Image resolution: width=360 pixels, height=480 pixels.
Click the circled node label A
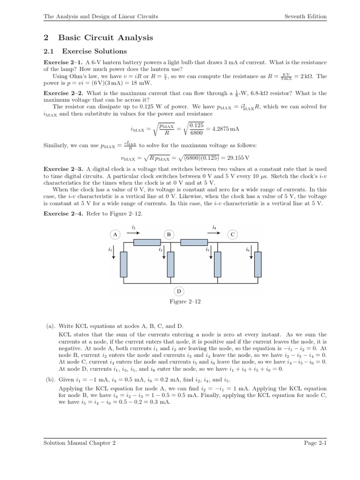115,234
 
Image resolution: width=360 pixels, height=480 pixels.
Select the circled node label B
169,234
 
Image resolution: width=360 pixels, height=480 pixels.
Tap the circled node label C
232,234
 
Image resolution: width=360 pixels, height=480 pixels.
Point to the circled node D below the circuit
179,291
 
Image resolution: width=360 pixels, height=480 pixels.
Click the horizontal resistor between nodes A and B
147,242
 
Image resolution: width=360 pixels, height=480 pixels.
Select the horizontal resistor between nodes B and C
194,242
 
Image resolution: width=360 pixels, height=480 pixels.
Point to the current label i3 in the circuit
160,250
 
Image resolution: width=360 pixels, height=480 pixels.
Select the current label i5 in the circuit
207,250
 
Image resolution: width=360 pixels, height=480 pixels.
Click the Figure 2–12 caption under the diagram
185,301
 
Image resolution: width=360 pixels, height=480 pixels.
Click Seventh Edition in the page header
306,16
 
